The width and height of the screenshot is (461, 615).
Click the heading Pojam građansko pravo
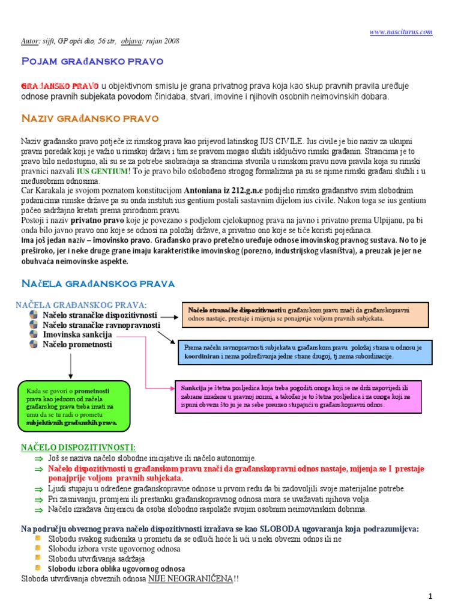coord(92,61)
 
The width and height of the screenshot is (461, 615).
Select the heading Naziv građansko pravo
coord(89,118)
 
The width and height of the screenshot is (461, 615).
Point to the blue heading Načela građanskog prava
coord(98,282)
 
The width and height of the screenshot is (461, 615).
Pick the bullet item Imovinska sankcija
coord(77,335)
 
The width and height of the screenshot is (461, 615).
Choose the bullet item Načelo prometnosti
coord(77,344)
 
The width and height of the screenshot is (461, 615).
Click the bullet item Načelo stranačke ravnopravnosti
coord(101,325)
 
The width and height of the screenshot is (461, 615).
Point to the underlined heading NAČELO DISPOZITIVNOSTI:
coord(78,447)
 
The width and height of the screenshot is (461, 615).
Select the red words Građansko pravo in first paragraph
coord(60,86)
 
